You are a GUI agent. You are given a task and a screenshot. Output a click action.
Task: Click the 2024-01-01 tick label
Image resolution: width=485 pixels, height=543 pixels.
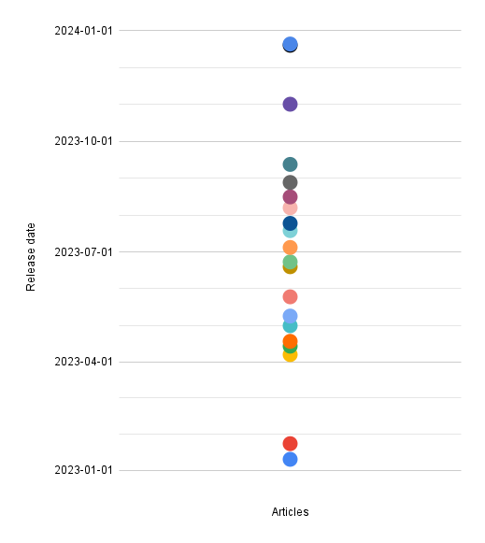click(83, 31)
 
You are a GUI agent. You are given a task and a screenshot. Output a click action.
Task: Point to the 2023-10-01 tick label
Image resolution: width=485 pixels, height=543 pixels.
click(83, 141)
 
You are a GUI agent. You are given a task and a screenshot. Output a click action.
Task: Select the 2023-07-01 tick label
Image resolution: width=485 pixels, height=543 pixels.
click(83, 252)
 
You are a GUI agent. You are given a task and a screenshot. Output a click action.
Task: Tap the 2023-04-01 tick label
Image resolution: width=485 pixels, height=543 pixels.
click(83, 362)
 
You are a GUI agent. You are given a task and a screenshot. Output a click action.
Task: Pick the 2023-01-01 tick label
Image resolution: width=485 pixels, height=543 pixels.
click(83, 470)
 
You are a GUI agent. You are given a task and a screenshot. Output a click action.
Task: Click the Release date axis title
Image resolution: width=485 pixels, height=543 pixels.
click(31, 257)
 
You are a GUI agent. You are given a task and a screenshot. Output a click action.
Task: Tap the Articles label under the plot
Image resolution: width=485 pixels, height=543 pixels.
click(290, 512)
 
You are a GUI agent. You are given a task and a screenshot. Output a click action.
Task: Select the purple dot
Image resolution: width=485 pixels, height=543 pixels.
click(290, 105)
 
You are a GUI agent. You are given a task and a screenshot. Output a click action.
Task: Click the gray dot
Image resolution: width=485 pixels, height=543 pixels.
click(290, 182)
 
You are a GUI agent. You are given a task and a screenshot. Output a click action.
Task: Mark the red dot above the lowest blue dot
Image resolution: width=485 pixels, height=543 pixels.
click(290, 444)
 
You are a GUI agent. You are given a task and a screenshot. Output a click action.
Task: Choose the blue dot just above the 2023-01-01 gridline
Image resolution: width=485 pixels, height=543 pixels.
click(290, 460)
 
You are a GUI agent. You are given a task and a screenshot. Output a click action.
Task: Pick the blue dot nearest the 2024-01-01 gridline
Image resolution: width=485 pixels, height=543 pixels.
click(290, 44)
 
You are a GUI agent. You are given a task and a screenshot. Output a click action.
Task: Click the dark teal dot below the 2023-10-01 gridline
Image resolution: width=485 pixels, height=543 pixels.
click(290, 164)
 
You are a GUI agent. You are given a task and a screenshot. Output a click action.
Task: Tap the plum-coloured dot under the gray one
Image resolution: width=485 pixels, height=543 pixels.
click(290, 197)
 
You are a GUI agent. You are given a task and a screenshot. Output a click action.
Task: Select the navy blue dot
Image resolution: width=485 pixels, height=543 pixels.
click(290, 223)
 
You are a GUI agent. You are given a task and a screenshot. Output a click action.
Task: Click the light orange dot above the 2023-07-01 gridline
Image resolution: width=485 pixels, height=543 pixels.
click(290, 248)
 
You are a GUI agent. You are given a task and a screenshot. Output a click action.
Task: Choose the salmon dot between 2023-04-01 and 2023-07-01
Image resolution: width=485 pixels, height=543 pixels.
click(290, 297)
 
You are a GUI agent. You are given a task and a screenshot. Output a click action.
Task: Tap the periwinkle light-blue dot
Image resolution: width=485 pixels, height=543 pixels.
click(290, 316)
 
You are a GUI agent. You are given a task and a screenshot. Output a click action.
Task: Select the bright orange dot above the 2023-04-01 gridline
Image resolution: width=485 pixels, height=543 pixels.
click(290, 341)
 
